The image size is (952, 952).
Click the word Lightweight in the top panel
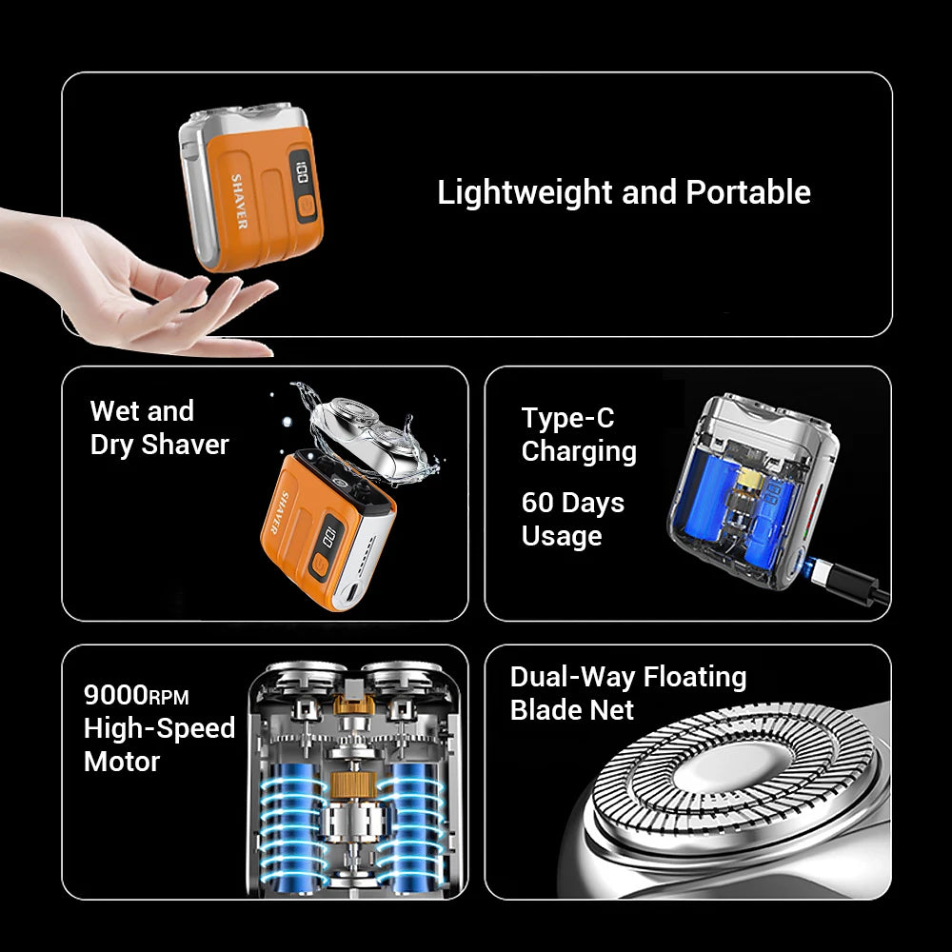point(525,192)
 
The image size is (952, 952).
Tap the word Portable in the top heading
point(748,192)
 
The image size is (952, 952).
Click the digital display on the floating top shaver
point(301,174)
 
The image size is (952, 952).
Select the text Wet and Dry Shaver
point(159,428)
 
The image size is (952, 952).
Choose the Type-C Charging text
point(578,434)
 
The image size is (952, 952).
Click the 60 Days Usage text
point(572,519)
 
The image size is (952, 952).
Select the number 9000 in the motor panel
point(115,694)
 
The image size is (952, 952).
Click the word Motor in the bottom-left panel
point(121,762)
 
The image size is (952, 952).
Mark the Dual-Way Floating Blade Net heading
point(627,693)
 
